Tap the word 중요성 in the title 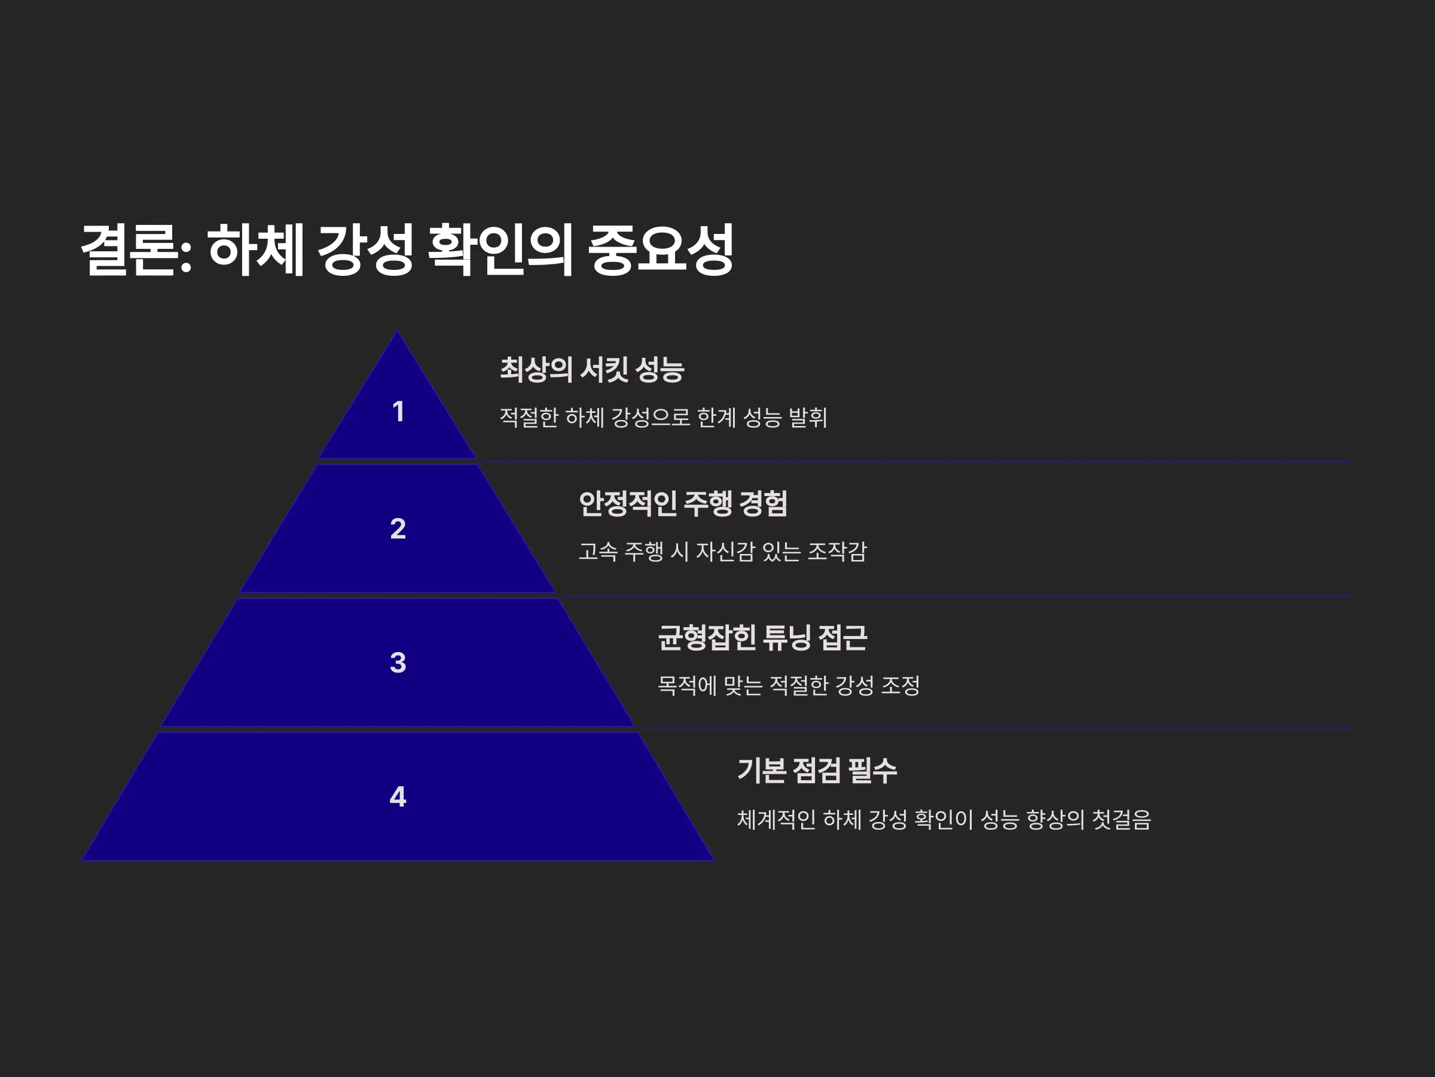(661, 250)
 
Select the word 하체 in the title (255, 250)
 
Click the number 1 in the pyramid (398, 412)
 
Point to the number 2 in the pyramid (398, 528)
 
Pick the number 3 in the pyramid (398, 662)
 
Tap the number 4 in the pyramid (398, 796)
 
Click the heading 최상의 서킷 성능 (592, 369)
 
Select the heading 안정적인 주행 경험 (683, 503)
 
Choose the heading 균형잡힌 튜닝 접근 (762, 637)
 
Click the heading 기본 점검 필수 (817, 771)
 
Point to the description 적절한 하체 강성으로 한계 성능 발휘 (663, 418)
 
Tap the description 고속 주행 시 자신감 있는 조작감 (723, 551)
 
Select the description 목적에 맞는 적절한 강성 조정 (789, 685)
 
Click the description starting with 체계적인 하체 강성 (944, 819)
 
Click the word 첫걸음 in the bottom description (1122, 819)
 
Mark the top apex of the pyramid (398, 331)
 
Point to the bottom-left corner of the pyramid (83, 860)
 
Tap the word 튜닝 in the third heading (786, 637)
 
